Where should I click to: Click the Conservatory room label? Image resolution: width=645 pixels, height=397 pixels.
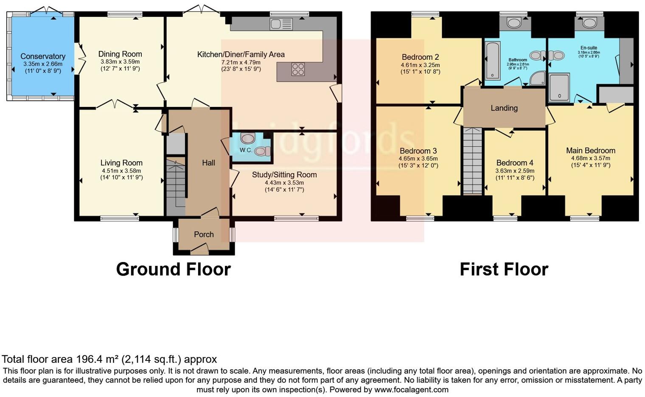point(43,56)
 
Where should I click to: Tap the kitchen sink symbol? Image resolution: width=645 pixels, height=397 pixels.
point(281,24)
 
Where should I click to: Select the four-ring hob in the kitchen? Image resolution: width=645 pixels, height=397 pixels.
point(298,69)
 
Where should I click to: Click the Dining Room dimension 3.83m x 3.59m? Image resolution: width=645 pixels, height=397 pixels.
point(120,62)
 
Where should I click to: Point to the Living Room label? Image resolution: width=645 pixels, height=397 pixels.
point(121,163)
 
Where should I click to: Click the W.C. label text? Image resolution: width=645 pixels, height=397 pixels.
point(246,150)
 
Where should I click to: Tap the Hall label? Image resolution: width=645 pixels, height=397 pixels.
point(208,163)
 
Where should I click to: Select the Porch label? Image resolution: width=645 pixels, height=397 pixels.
point(204,235)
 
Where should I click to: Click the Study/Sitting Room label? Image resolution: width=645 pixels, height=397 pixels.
point(284,175)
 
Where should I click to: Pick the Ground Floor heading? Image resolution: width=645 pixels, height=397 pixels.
point(173,269)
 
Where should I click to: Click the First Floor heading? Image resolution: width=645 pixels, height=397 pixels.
point(504,269)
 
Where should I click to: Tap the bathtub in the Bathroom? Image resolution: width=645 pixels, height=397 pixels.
point(492,61)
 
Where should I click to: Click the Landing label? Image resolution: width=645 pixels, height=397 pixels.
point(504,108)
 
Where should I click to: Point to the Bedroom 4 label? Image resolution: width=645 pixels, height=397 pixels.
point(515,163)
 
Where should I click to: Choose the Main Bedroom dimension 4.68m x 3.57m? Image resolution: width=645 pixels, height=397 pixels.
point(591,158)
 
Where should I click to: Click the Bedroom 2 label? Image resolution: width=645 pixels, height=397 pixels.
point(420,57)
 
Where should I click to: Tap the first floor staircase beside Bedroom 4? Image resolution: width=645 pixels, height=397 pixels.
point(472,161)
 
